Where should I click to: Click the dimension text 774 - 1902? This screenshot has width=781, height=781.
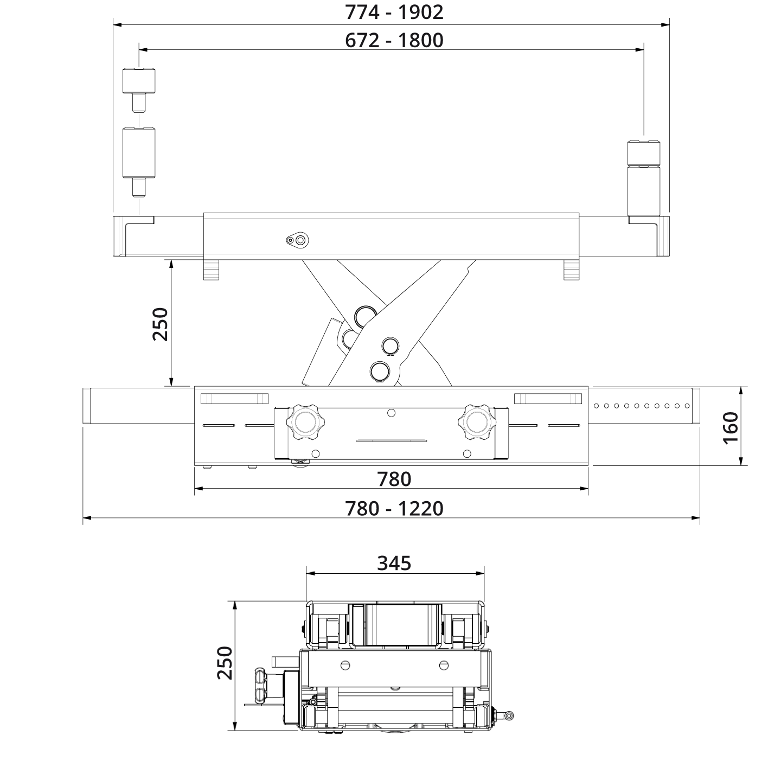pyautogui.click(x=394, y=12)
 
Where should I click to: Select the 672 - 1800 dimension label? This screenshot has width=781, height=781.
pyautogui.click(x=394, y=41)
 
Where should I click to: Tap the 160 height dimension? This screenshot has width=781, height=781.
pyautogui.click(x=731, y=427)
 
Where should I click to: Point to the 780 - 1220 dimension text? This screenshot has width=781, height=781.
pyautogui.click(x=394, y=509)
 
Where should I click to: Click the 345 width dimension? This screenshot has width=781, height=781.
pyautogui.click(x=394, y=564)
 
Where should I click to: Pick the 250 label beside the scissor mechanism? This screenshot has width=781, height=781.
pyautogui.click(x=161, y=324)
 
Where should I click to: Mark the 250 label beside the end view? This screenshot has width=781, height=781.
pyautogui.click(x=225, y=663)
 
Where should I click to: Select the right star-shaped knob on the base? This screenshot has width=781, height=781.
pyautogui.click(x=476, y=421)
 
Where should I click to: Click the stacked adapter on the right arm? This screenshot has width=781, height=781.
pyautogui.click(x=644, y=179)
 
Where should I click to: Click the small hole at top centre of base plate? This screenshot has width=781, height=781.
pyautogui.click(x=391, y=413)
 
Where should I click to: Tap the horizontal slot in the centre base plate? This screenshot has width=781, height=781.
pyautogui.click(x=391, y=440)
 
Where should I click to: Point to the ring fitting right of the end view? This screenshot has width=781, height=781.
pyautogui.click(x=509, y=715)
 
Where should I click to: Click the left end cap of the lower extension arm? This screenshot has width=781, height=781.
pyautogui.click(x=86, y=406)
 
